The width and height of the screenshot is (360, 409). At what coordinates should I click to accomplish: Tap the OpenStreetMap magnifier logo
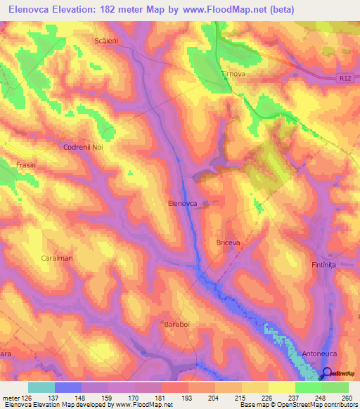[326, 373]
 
